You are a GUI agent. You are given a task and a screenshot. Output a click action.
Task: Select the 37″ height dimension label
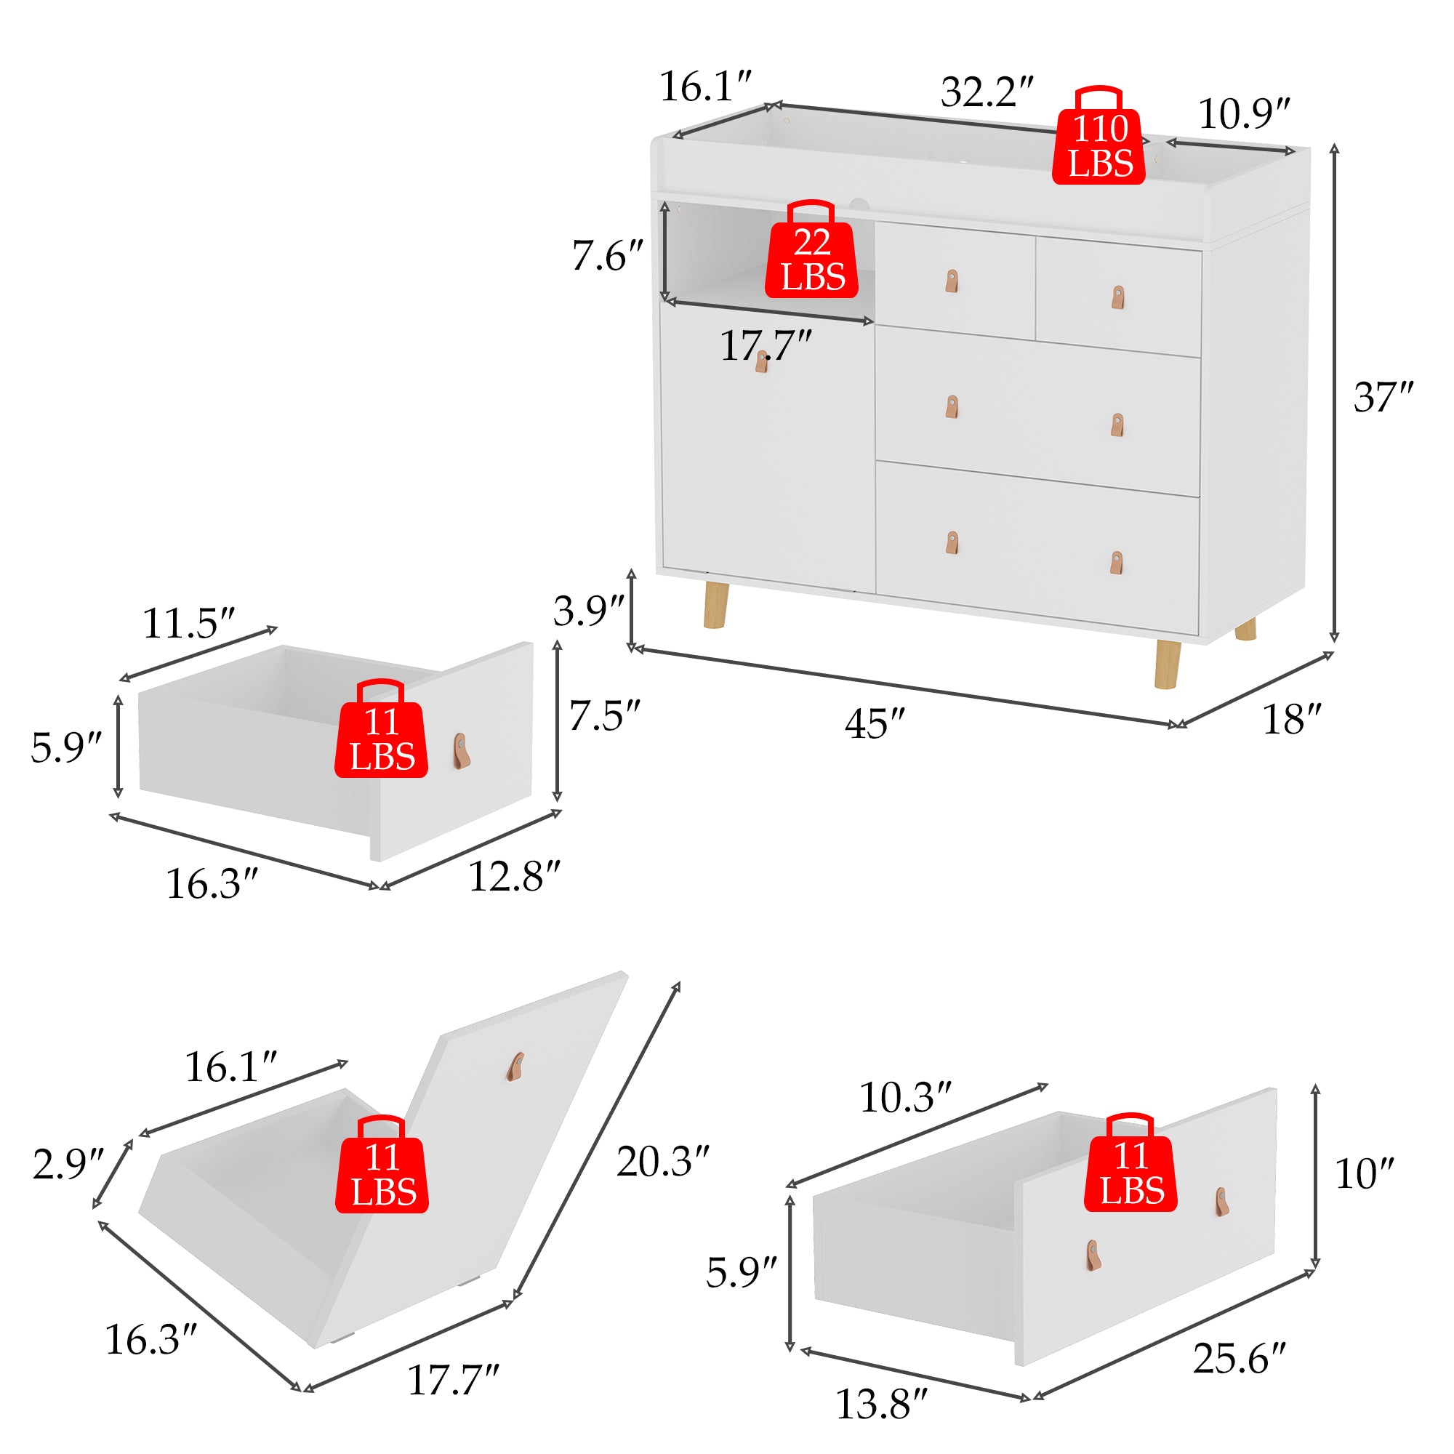(x=1383, y=397)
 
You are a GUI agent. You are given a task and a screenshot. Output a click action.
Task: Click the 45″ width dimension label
(x=874, y=724)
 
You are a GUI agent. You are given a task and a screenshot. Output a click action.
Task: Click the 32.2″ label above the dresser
(x=987, y=92)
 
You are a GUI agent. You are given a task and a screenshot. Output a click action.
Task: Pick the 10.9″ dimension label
(x=1243, y=114)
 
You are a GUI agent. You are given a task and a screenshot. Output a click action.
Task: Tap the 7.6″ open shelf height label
(x=606, y=256)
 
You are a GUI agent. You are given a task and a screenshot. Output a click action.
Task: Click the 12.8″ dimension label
(x=514, y=876)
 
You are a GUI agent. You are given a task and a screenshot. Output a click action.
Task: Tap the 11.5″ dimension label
(x=188, y=623)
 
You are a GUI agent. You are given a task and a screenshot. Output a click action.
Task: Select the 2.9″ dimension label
(x=68, y=1164)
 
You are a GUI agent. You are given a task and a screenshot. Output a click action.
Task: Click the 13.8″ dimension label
(x=881, y=1405)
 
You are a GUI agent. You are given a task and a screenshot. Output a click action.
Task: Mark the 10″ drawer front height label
(x=1364, y=1173)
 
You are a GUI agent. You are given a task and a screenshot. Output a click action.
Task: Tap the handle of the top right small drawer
(x=1118, y=297)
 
